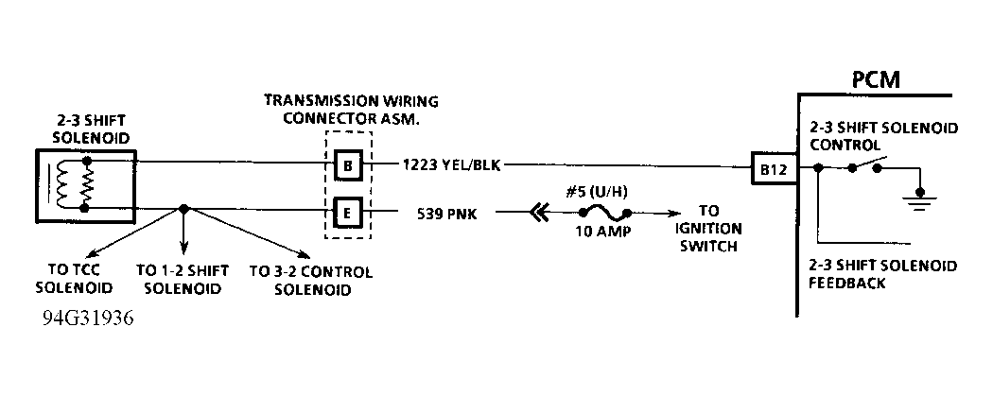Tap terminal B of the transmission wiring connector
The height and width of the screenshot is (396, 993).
(x=348, y=167)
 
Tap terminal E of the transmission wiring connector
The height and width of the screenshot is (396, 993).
(x=348, y=211)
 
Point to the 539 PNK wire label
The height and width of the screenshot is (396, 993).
(x=446, y=213)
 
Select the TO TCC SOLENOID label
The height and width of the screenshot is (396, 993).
(x=80, y=280)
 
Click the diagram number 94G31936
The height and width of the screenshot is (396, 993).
(x=88, y=319)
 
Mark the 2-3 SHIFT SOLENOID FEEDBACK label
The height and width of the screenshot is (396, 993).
(x=881, y=274)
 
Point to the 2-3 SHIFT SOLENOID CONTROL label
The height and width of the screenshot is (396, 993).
(x=881, y=137)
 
